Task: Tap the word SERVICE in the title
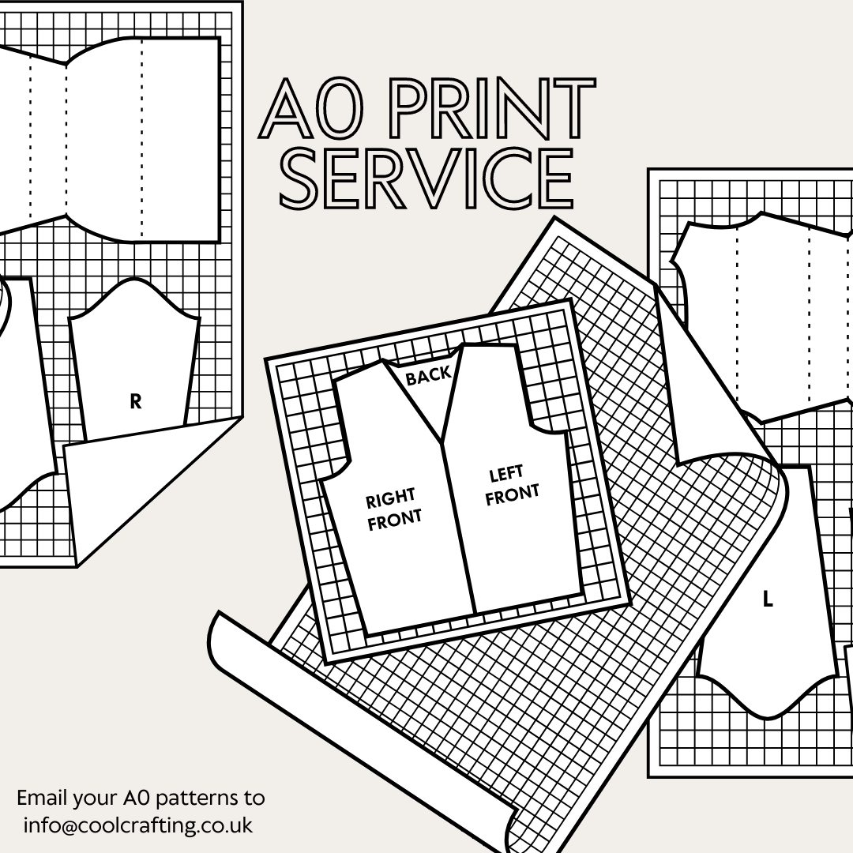pyautogui.click(x=427, y=178)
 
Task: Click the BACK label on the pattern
pyautogui.click(x=428, y=376)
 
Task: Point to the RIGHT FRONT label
pyautogui.click(x=393, y=509)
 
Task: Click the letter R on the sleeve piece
pyautogui.click(x=136, y=401)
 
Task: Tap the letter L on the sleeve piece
pyautogui.click(x=768, y=599)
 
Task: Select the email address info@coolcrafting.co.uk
pyautogui.click(x=138, y=825)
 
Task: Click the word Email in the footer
pyautogui.click(x=44, y=797)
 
